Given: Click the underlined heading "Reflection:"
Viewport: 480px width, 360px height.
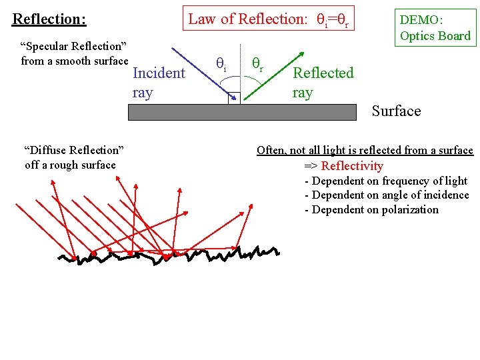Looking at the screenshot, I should [49, 19].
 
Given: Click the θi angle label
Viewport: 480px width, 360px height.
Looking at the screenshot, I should [221, 63].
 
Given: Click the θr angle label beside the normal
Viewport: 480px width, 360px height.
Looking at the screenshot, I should [257, 63].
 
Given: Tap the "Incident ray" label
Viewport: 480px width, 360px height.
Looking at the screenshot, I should [159, 82].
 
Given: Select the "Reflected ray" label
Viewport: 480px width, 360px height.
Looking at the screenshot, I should [323, 82].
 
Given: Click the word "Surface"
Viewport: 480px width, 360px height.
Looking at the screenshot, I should [396, 111].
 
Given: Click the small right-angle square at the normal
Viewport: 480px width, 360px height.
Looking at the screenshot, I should [234, 98].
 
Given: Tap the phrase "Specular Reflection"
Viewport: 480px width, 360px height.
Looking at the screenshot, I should [74, 47].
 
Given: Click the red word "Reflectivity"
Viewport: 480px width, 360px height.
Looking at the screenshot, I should [352, 166].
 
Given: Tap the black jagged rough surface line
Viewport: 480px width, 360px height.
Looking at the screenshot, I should [167, 256].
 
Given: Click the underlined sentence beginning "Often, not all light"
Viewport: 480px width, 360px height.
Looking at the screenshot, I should [365, 151].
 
